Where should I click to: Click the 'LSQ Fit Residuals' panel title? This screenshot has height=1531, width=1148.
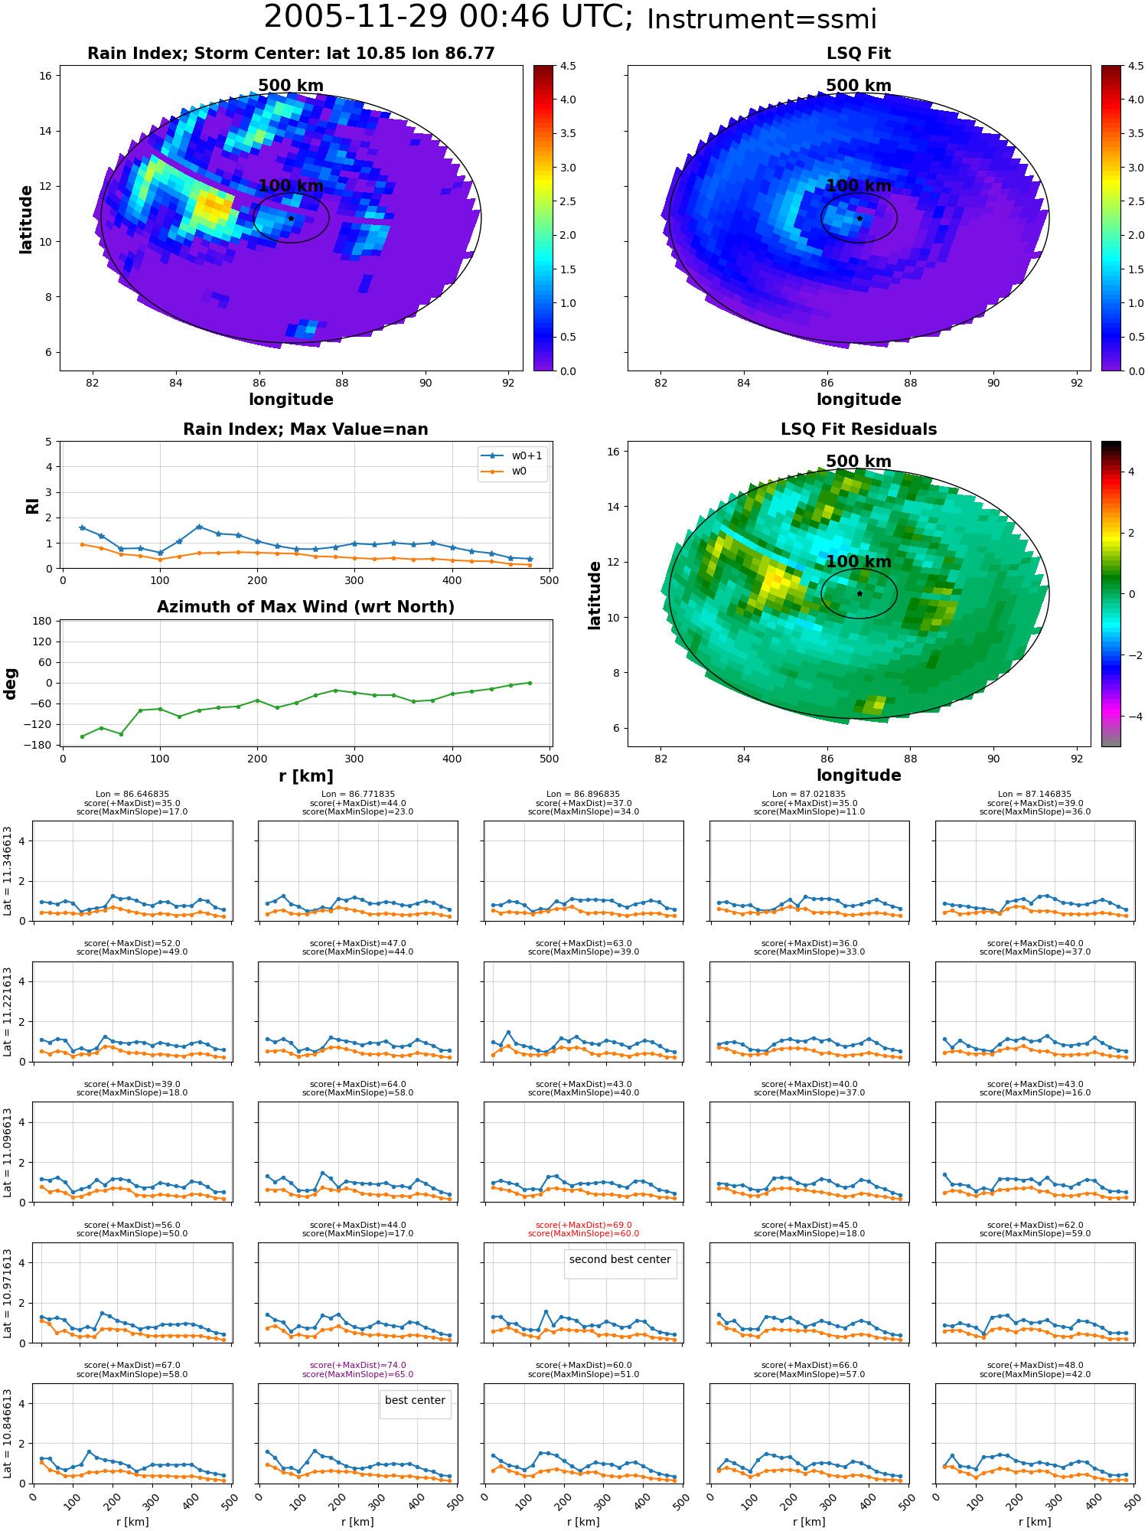859,429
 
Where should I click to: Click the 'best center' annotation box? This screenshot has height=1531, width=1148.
415,1401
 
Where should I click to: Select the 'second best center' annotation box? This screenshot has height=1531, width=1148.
620,1260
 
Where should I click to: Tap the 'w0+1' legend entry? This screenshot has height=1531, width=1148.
513,455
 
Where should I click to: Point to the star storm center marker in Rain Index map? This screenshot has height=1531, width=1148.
291,218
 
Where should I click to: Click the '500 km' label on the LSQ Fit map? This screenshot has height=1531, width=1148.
859,86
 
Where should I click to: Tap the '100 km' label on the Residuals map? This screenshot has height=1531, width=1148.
859,561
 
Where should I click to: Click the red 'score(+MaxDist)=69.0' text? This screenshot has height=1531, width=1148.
584,1225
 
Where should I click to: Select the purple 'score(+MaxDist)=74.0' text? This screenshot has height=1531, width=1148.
358,1365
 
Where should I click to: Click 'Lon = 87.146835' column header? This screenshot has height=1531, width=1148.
1035,795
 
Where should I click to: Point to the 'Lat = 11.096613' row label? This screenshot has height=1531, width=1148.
8,1152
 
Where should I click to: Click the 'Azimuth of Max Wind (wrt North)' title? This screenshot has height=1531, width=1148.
305,607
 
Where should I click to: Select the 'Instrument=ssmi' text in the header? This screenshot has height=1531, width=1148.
762,20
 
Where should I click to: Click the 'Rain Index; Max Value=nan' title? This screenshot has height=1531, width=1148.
305,429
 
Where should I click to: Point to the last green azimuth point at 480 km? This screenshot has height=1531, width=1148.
530,683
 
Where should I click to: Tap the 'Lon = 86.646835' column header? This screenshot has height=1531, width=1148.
132,795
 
